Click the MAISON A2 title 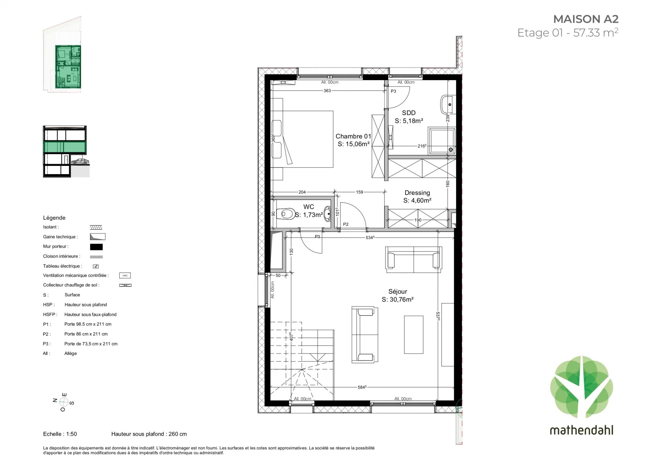point(586,19)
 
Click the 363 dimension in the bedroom point(327,91)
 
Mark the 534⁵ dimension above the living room point(370,237)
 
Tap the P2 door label point(346,224)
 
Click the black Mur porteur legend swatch point(96,247)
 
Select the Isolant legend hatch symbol point(96,227)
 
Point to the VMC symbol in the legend point(125,276)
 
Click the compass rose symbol point(64,402)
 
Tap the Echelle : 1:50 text point(60,434)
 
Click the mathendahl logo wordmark point(581,430)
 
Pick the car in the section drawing point(80,161)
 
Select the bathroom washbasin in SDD point(448,104)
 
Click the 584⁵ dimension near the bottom point(362,387)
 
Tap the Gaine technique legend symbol point(97,237)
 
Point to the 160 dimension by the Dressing point(448,184)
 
